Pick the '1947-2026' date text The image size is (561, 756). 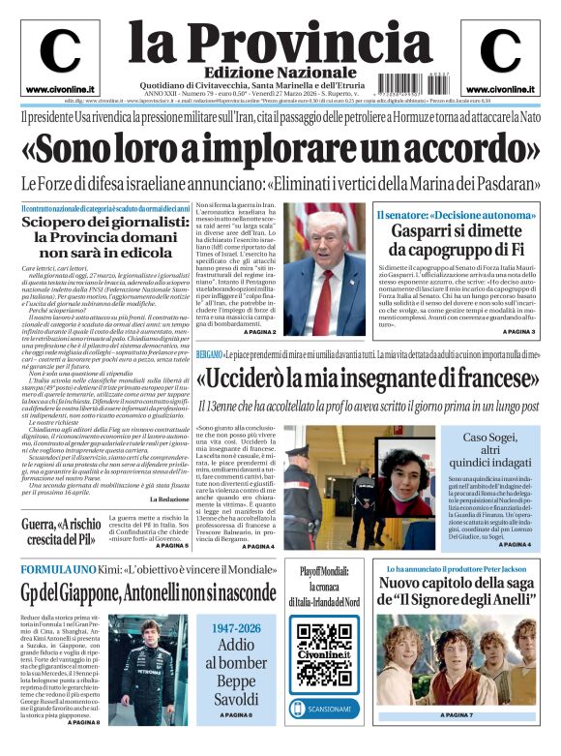point(237,628)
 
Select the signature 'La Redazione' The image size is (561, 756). point(168,499)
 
